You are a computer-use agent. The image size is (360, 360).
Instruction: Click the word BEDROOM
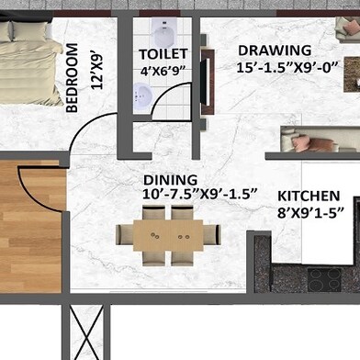[72, 78]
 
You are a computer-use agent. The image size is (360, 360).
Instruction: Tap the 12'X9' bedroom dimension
[97, 72]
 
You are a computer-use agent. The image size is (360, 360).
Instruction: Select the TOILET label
[163, 54]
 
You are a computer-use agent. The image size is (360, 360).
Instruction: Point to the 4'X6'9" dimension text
[163, 71]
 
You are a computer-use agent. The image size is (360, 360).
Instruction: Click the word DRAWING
[275, 51]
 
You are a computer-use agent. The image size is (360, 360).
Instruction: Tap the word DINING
[170, 180]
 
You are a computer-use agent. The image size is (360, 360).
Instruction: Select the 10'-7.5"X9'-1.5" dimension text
[199, 194]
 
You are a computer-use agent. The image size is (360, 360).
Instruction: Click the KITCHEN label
[309, 196]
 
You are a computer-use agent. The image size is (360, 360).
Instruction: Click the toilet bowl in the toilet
[165, 33]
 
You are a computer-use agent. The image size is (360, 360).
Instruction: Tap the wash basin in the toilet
[143, 96]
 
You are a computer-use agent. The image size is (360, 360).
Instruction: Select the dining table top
[168, 235]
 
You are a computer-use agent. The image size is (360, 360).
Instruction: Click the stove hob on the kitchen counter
[324, 280]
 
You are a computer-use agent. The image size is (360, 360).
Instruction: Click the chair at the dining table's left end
[124, 235]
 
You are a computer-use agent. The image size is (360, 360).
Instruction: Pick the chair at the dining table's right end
[212, 235]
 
